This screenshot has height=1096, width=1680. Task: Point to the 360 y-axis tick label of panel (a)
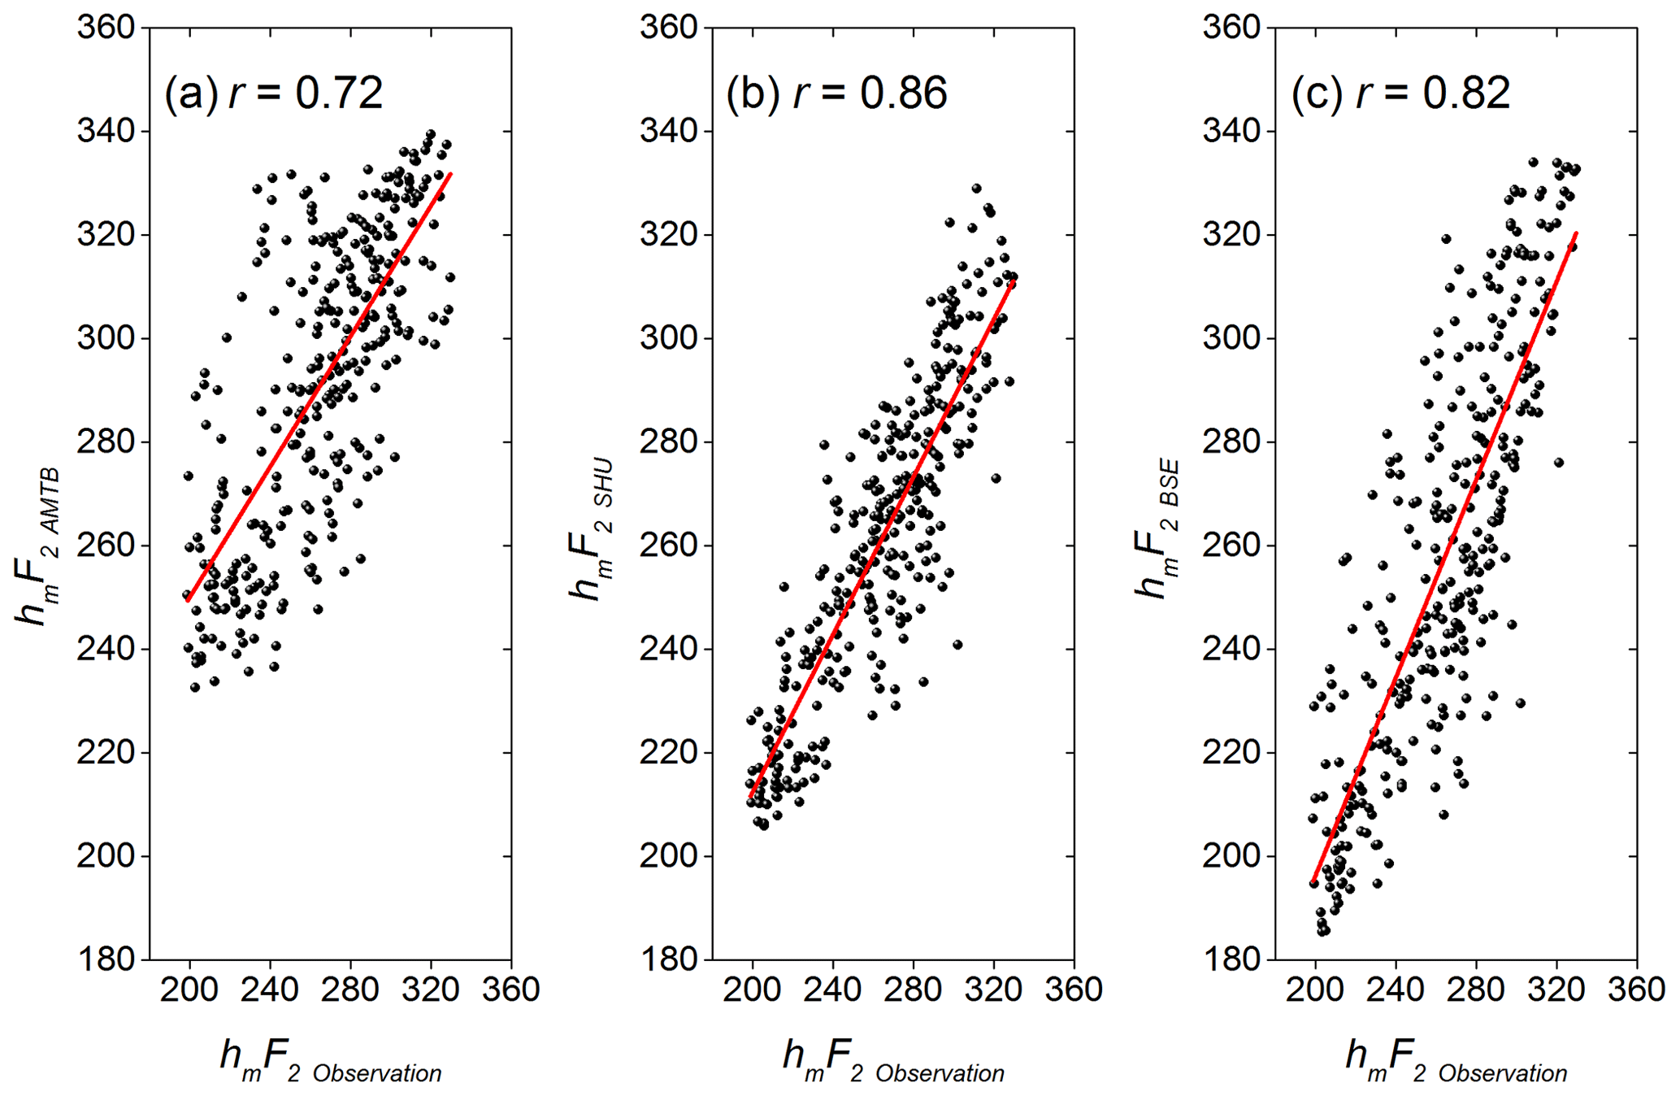[x=106, y=28]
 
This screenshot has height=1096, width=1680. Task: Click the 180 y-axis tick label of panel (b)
[x=669, y=959]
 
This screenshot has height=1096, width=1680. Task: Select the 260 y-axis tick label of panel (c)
[x=1231, y=546]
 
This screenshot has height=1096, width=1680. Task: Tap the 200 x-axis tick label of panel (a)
[x=190, y=989]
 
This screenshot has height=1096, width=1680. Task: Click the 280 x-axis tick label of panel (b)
[x=914, y=989]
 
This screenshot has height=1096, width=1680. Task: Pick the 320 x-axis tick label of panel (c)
[x=1556, y=989]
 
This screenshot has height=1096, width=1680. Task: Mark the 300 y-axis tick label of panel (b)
[x=669, y=338]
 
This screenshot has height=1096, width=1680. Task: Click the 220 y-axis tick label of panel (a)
[x=106, y=753]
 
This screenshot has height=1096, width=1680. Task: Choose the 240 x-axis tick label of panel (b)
[x=833, y=989]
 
